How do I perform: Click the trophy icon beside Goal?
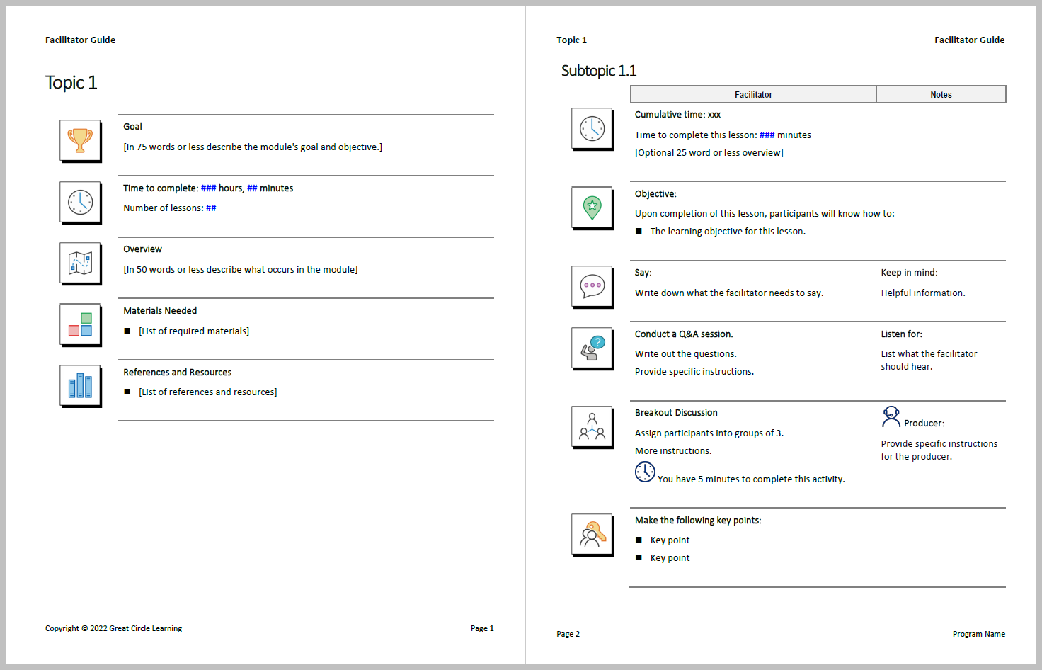tap(80, 140)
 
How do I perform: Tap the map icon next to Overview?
tap(80, 263)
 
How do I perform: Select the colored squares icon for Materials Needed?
tap(80, 324)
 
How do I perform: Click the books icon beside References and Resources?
tap(80, 385)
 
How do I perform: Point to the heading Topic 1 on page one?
tap(71, 83)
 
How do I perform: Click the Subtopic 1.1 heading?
tap(598, 71)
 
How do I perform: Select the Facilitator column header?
tap(752, 94)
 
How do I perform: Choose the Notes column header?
tap(940, 94)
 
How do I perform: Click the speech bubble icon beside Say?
tap(592, 286)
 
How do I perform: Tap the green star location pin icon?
tap(592, 207)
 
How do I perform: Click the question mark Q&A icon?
tap(592, 347)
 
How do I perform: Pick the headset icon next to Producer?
tap(891, 417)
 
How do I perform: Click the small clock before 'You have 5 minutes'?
tap(644, 472)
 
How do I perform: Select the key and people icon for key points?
tap(592, 534)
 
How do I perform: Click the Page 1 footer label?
tap(481, 628)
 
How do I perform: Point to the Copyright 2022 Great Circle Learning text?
tap(113, 628)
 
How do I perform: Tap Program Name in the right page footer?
tap(978, 634)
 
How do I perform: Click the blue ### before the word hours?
tap(208, 188)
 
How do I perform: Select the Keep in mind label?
tap(908, 273)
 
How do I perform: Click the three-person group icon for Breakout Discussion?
tap(592, 426)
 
